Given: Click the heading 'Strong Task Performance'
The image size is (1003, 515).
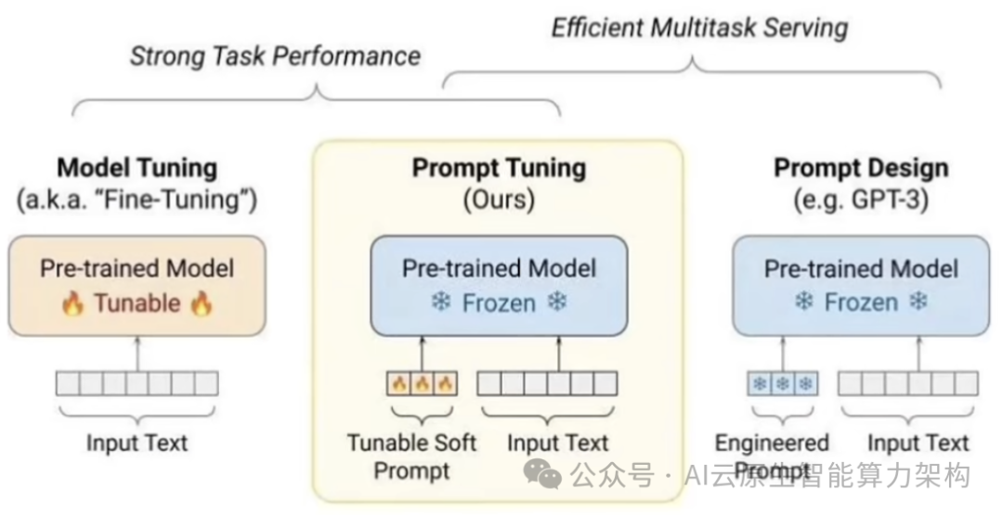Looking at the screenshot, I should point(275,56).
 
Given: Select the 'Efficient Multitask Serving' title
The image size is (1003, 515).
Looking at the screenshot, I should point(700,27).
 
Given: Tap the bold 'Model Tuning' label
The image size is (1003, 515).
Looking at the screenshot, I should point(137,168).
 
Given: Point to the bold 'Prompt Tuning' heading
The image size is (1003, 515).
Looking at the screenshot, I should point(499,168).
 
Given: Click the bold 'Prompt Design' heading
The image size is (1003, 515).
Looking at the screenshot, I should point(861,168).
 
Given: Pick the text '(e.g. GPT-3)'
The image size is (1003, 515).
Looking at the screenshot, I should point(861,199).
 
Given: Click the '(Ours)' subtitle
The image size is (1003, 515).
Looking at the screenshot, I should point(499,199).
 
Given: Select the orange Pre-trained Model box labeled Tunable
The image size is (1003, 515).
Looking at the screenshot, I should point(137,286).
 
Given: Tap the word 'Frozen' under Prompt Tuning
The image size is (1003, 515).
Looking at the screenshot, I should point(499,303).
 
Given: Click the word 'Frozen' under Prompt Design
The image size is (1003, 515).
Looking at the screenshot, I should point(861,303).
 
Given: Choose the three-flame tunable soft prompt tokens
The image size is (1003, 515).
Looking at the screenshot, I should point(422,382).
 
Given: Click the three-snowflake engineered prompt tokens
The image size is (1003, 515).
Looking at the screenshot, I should point(783,382).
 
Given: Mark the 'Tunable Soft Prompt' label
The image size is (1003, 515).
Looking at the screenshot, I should point(411,457).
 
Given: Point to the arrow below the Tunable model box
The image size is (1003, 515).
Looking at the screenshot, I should point(137,353).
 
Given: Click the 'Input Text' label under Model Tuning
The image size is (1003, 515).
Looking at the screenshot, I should point(137,443).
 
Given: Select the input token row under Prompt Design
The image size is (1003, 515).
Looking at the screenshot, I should point(907,382).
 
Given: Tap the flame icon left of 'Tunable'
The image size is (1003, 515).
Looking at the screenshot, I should point(73,303).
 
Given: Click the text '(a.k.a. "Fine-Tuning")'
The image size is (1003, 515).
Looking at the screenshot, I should point(137,199).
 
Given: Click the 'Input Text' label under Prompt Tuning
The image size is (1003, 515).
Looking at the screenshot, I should point(557,443).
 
